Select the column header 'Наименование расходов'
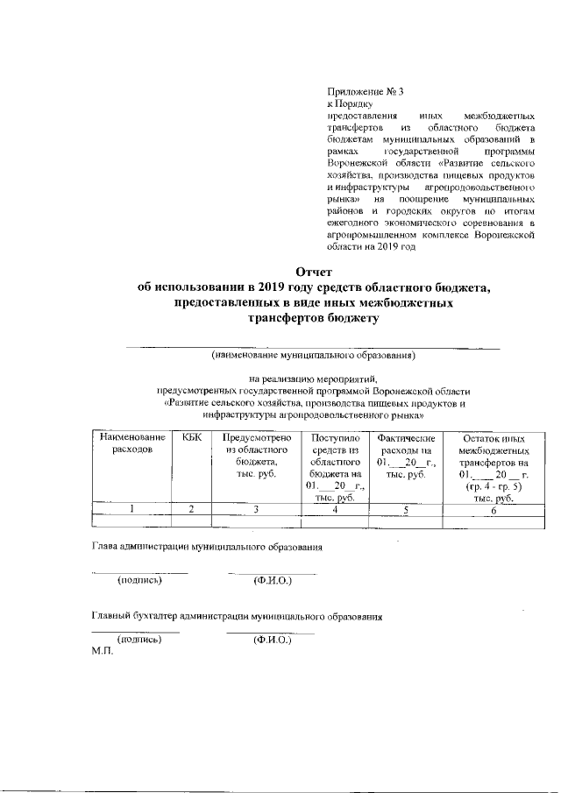(x=132, y=443)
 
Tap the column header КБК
(x=191, y=436)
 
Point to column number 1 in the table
(x=132, y=510)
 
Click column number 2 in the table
(x=191, y=510)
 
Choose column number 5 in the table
(x=406, y=510)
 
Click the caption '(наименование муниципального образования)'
(x=312, y=357)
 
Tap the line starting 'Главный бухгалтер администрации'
(x=238, y=616)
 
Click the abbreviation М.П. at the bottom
(x=103, y=653)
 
